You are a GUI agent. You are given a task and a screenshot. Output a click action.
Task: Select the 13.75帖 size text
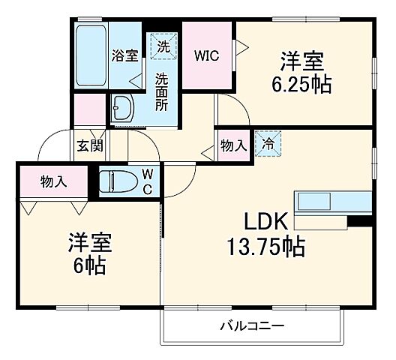[x=266, y=246]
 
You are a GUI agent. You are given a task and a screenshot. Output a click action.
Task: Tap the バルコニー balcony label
[x=252, y=326]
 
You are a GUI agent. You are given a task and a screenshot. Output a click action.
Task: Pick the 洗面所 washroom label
[x=161, y=91]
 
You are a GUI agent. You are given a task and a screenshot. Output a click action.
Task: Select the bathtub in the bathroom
[x=91, y=57]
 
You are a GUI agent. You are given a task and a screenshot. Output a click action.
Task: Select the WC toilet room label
[x=148, y=181]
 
